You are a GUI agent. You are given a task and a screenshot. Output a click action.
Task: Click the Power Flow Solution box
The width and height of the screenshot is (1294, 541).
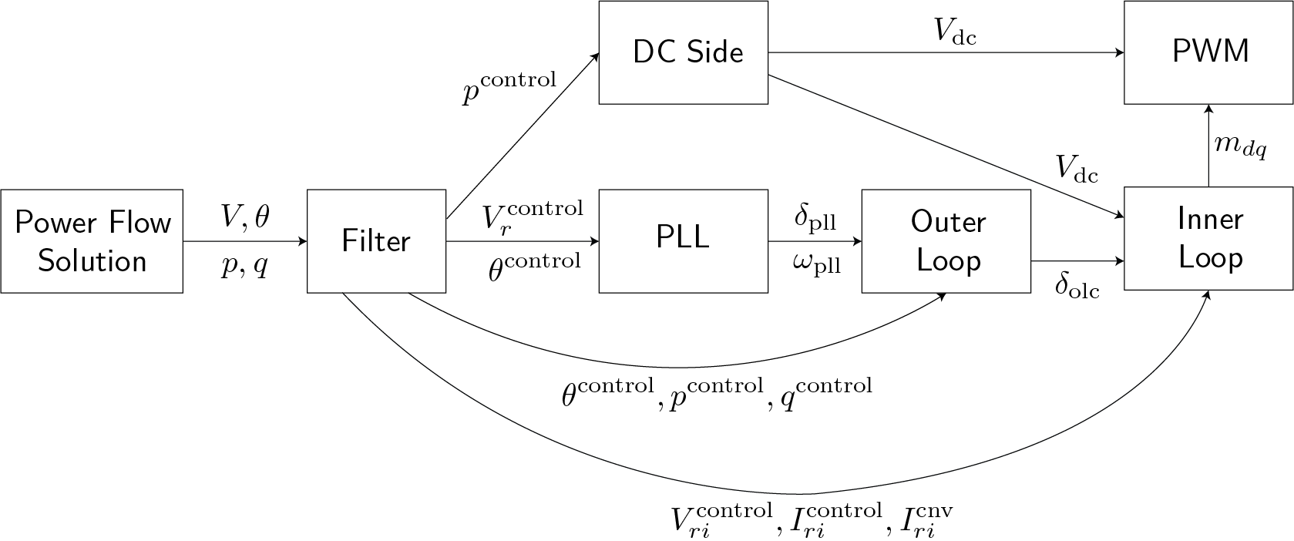[x=92, y=241]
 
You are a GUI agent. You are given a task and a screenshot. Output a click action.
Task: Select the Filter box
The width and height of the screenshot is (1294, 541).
[x=376, y=241]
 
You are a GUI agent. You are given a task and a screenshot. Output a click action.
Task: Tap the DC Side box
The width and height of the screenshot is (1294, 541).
[x=684, y=52]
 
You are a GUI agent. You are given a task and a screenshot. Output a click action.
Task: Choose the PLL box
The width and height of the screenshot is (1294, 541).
[x=684, y=237]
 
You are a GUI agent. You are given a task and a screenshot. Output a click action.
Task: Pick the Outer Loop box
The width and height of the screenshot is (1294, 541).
[x=946, y=241]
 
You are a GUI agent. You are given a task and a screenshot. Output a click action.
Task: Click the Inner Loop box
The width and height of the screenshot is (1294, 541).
[x=1208, y=238]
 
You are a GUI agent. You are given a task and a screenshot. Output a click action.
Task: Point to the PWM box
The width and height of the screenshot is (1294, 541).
[x=1208, y=52]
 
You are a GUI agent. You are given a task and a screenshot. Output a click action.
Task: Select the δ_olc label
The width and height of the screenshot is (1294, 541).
[x=1077, y=287]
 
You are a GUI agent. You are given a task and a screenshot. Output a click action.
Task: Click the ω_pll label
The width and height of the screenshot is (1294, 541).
[x=815, y=264]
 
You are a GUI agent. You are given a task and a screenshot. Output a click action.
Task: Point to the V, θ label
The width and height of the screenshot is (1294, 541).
[x=245, y=217]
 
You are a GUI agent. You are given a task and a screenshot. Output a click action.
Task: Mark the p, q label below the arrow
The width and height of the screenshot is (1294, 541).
[x=245, y=265]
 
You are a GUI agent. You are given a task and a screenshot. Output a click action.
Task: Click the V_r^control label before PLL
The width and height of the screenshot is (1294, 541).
[x=533, y=216]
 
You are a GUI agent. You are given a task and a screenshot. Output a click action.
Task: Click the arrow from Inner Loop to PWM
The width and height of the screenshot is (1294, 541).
[x=1208, y=146]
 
